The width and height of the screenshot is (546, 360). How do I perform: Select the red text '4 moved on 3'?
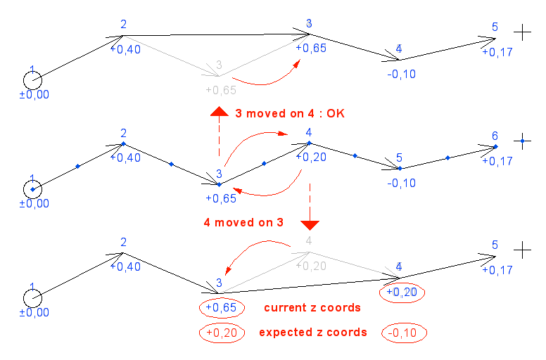point(243,222)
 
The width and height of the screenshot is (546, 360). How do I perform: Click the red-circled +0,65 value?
point(221,308)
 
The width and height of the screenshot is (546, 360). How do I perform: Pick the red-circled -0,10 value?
point(405,333)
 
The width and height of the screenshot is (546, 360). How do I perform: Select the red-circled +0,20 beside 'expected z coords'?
point(221,333)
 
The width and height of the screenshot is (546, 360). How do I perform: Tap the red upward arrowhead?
point(219,111)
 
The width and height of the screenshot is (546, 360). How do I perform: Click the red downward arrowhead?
point(310,224)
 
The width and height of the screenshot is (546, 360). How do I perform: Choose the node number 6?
point(495,136)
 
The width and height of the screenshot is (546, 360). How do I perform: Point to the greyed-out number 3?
point(219,65)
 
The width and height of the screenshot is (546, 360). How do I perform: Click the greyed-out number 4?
point(307,241)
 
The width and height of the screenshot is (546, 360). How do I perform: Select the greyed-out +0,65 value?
point(220,90)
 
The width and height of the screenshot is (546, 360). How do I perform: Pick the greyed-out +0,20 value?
point(310,265)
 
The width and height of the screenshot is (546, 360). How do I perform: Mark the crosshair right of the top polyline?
point(521,32)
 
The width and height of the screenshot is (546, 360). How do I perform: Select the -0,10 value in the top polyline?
point(400,74)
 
